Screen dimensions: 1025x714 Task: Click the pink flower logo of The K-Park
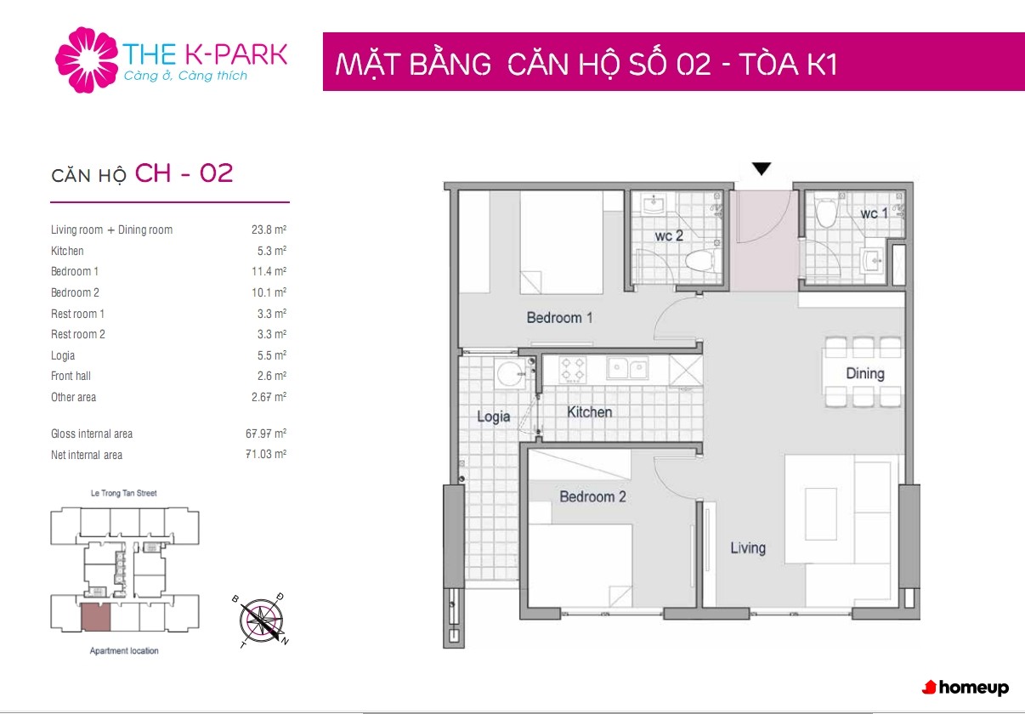pyautogui.click(x=87, y=59)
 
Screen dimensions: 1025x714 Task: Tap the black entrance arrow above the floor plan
pyautogui.click(x=762, y=168)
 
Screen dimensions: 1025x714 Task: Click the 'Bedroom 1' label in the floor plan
pyautogui.click(x=559, y=318)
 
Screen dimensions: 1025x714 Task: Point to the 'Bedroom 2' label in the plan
pyautogui.click(x=592, y=496)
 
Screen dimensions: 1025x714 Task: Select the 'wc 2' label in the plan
pyautogui.click(x=669, y=235)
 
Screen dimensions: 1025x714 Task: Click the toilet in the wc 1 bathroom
pyautogui.click(x=826, y=212)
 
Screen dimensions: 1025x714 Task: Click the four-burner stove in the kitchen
pyautogui.click(x=574, y=370)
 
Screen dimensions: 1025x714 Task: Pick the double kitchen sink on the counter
pyautogui.click(x=627, y=368)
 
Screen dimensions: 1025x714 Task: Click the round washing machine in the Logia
pyautogui.click(x=511, y=373)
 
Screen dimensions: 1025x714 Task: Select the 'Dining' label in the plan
pyautogui.click(x=865, y=373)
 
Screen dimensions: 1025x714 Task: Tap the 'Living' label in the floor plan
pyautogui.click(x=748, y=548)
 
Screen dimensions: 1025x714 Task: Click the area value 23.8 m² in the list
pyautogui.click(x=269, y=229)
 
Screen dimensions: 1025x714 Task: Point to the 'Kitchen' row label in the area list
pyautogui.click(x=67, y=251)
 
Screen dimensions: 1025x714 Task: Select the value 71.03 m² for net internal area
pyautogui.click(x=266, y=454)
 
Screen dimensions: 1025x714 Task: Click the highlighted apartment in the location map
pyautogui.click(x=96, y=617)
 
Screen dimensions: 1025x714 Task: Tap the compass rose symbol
pyautogui.click(x=261, y=620)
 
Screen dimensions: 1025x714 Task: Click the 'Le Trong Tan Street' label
pyautogui.click(x=123, y=493)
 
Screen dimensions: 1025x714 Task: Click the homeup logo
pyautogui.click(x=965, y=688)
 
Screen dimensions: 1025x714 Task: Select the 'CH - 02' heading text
pyautogui.click(x=184, y=173)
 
